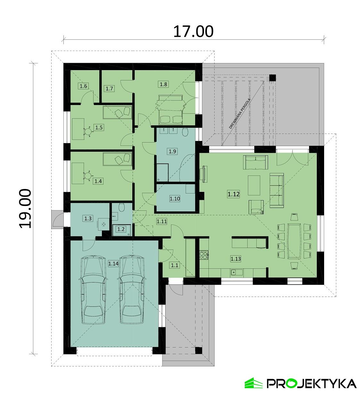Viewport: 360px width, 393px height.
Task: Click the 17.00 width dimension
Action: coord(193,31)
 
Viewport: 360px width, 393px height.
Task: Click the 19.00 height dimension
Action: coord(25,208)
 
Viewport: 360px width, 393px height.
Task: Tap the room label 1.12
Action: coord(233,194)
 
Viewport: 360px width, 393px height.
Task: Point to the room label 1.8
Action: coord(163,84)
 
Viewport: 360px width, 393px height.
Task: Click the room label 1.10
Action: coord(175,199)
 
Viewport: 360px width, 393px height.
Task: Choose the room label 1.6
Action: coord(84,86)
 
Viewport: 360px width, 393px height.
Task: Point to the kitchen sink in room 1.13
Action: coord(236,273)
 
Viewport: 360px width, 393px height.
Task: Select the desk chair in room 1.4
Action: coord(88,176)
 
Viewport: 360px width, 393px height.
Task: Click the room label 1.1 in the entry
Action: coord(174,265)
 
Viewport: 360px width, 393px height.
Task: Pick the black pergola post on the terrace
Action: coord(272,78)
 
